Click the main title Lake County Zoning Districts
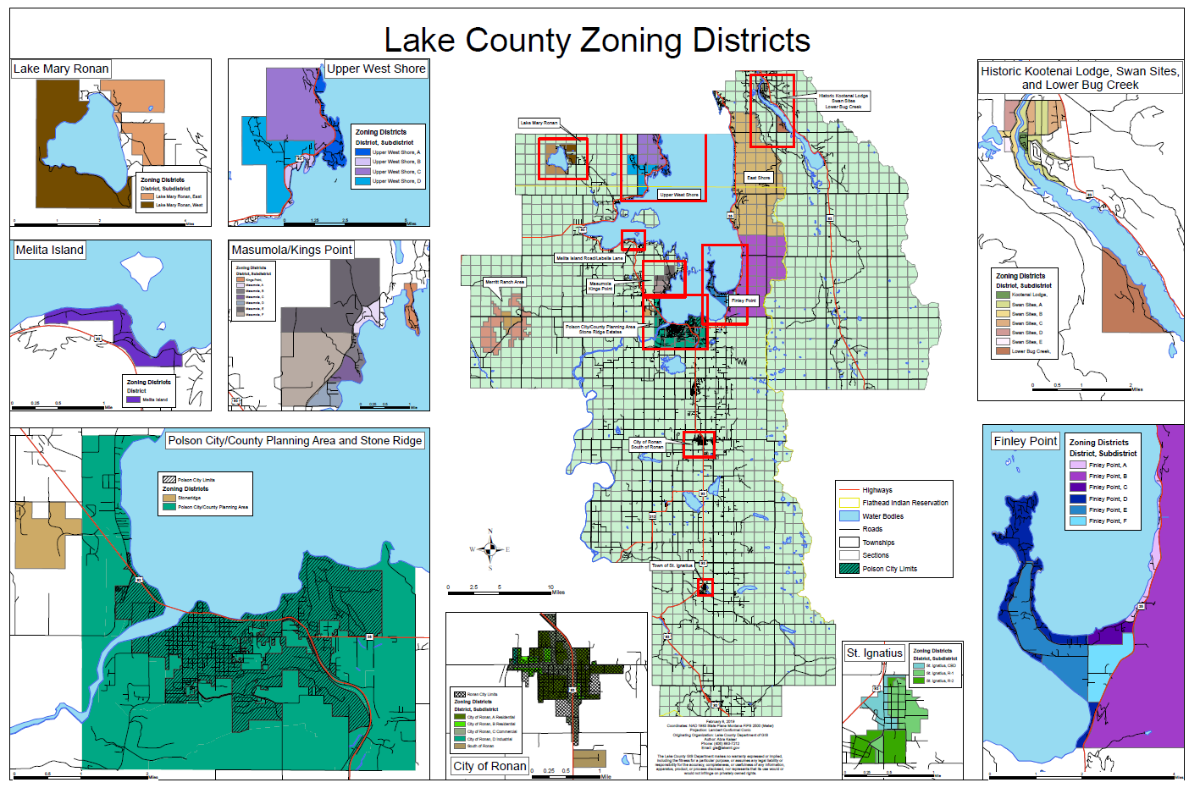(597, 41)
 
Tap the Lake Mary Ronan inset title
(61, 69)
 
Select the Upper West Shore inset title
(376, 69)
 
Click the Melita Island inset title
(50, 250)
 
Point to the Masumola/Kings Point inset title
(291, 250)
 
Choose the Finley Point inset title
(1025, 441)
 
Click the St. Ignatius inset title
(875, 653)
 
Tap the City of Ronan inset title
(489, 766)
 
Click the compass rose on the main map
(489, 549)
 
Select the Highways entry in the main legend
(877, 490)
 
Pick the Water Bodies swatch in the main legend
(849, 516)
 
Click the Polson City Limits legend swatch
(849, 569)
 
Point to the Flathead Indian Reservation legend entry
(904, 503)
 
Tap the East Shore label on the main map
(758, 178)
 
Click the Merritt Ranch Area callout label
(505, 282)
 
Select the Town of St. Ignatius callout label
(672, 565)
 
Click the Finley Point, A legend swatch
(1077, 465)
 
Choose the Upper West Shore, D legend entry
(395, 181)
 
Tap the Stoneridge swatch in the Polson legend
(169, 498)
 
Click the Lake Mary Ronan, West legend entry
(179, 205)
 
